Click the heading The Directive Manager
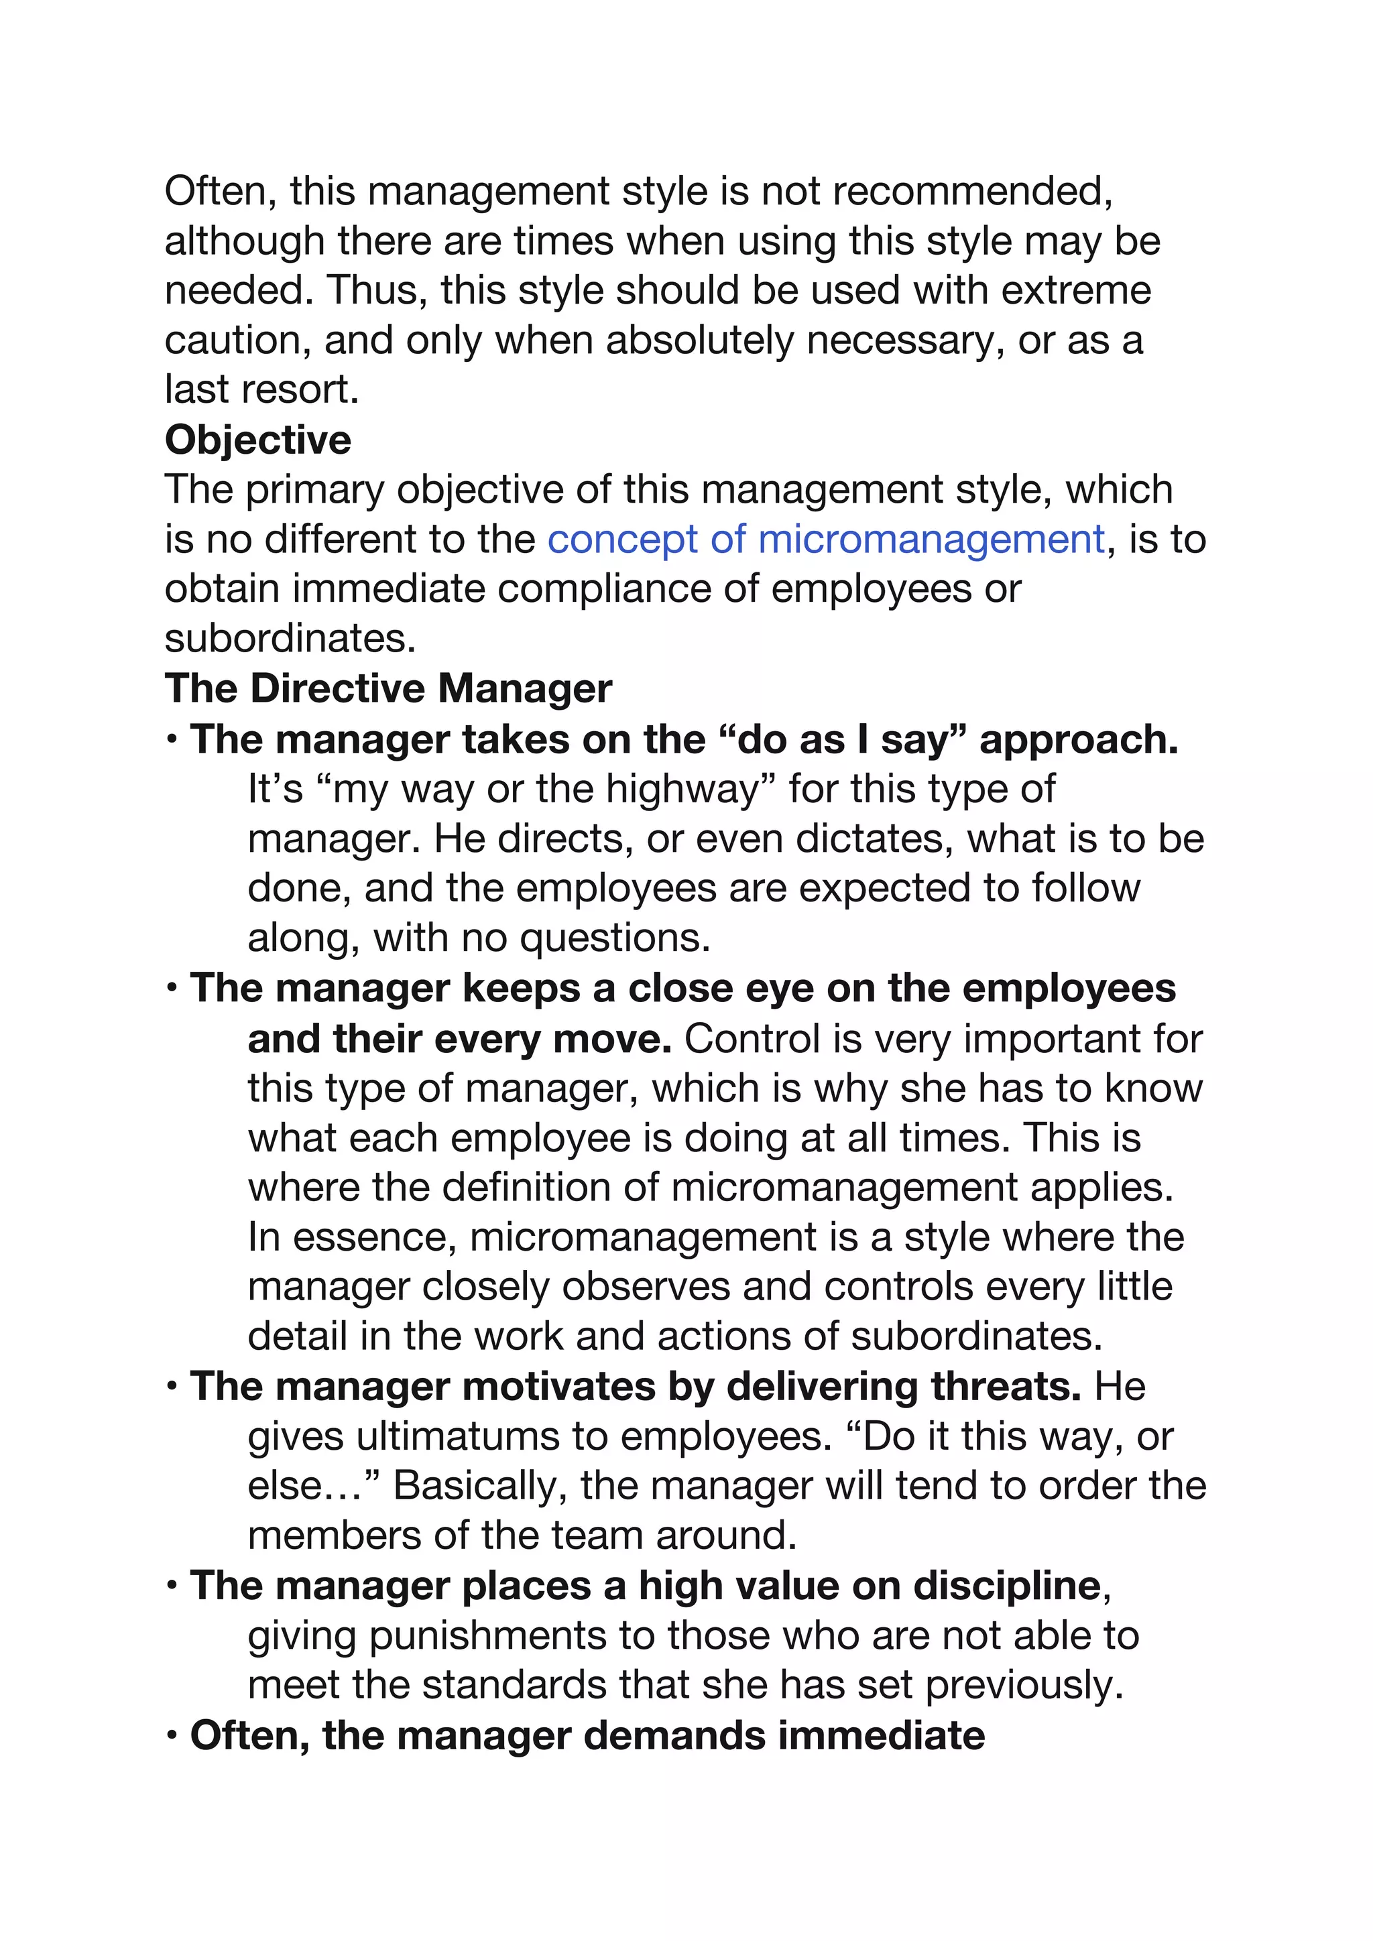[388, 688]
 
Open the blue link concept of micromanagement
[826, 540]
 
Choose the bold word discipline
[1006, 1585]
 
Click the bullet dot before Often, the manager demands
[172, 1737]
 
